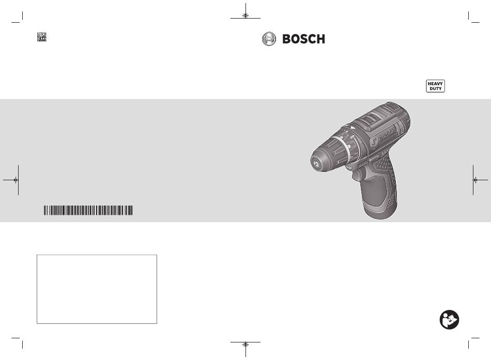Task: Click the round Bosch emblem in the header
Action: coord(269,39)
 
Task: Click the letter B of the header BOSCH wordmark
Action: coord(287,39)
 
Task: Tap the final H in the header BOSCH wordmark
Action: coord(320,39)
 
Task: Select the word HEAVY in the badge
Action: coord(435,84)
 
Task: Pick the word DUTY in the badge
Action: coord(436,89)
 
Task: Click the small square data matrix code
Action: coord(42,37)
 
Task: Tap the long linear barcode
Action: coord(88,210)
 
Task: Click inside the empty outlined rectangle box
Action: coord(97,289)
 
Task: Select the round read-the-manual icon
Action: coord(449,320)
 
